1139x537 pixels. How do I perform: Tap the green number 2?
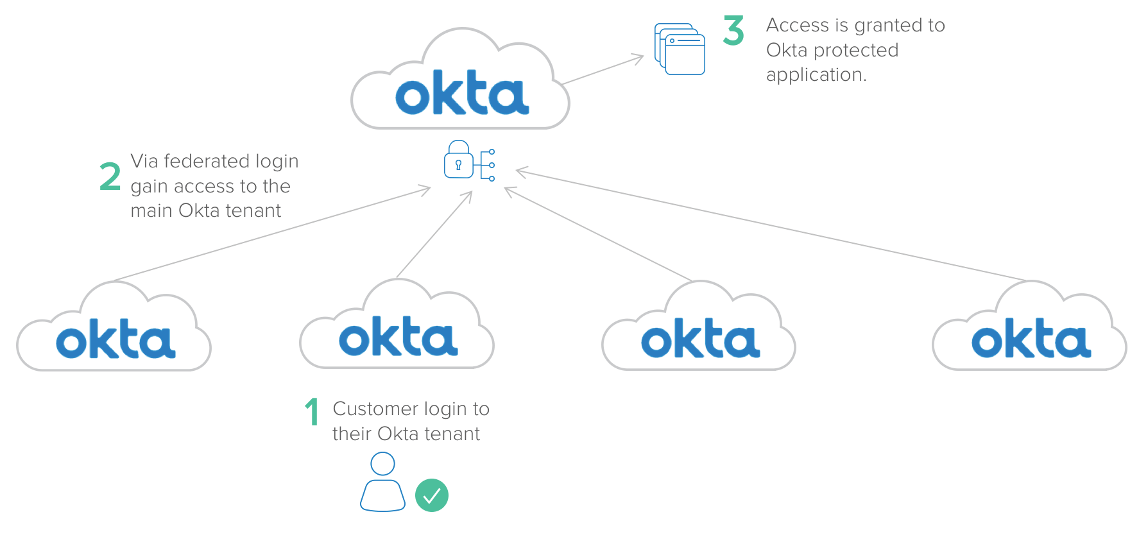point(110,176)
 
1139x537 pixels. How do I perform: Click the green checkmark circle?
point(432,495)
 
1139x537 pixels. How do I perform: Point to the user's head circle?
point(382,463)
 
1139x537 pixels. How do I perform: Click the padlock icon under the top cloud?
point(459,160)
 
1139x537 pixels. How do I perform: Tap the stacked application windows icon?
point(680,49)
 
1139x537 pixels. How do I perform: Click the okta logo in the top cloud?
point(462,94)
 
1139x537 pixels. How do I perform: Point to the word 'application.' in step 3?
point(816,75)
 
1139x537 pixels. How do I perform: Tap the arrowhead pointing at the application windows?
point(638,58)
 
